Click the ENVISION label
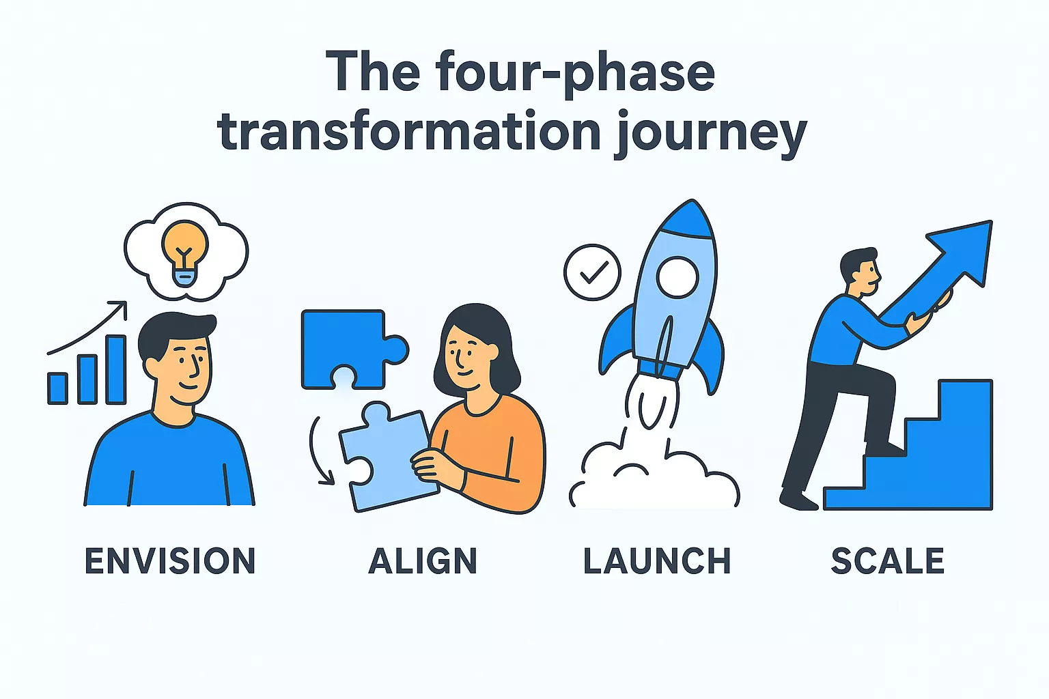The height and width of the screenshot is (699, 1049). point(170,561)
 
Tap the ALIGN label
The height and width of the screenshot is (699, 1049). point(423,561)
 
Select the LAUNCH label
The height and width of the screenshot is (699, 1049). point(657,561)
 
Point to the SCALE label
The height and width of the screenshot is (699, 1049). point(888,561)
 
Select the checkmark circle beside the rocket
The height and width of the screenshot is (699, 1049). point(592,272)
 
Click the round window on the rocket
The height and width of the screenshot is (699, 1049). point(677,276)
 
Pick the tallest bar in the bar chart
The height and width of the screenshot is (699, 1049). point(116,369)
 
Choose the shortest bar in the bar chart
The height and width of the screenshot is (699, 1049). point(57,388)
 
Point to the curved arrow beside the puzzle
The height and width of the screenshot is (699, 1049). point(318,451)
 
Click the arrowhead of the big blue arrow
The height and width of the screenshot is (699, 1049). point(966,249)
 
